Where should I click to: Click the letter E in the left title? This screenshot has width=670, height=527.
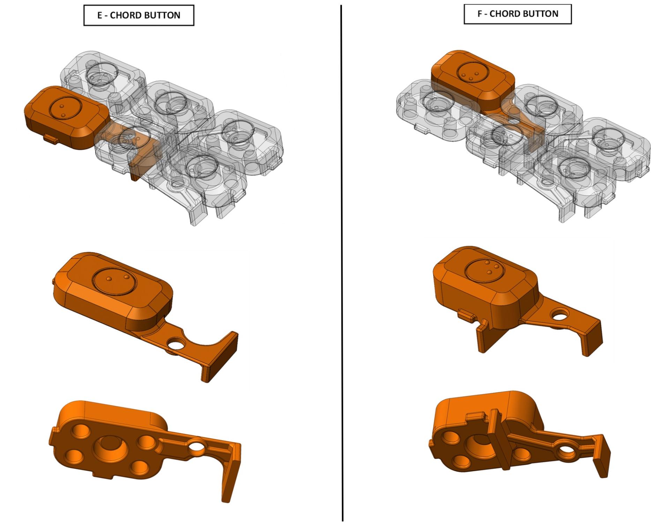click(x=100, y=15)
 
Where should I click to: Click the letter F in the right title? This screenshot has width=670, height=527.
click(x=480, y=14)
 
